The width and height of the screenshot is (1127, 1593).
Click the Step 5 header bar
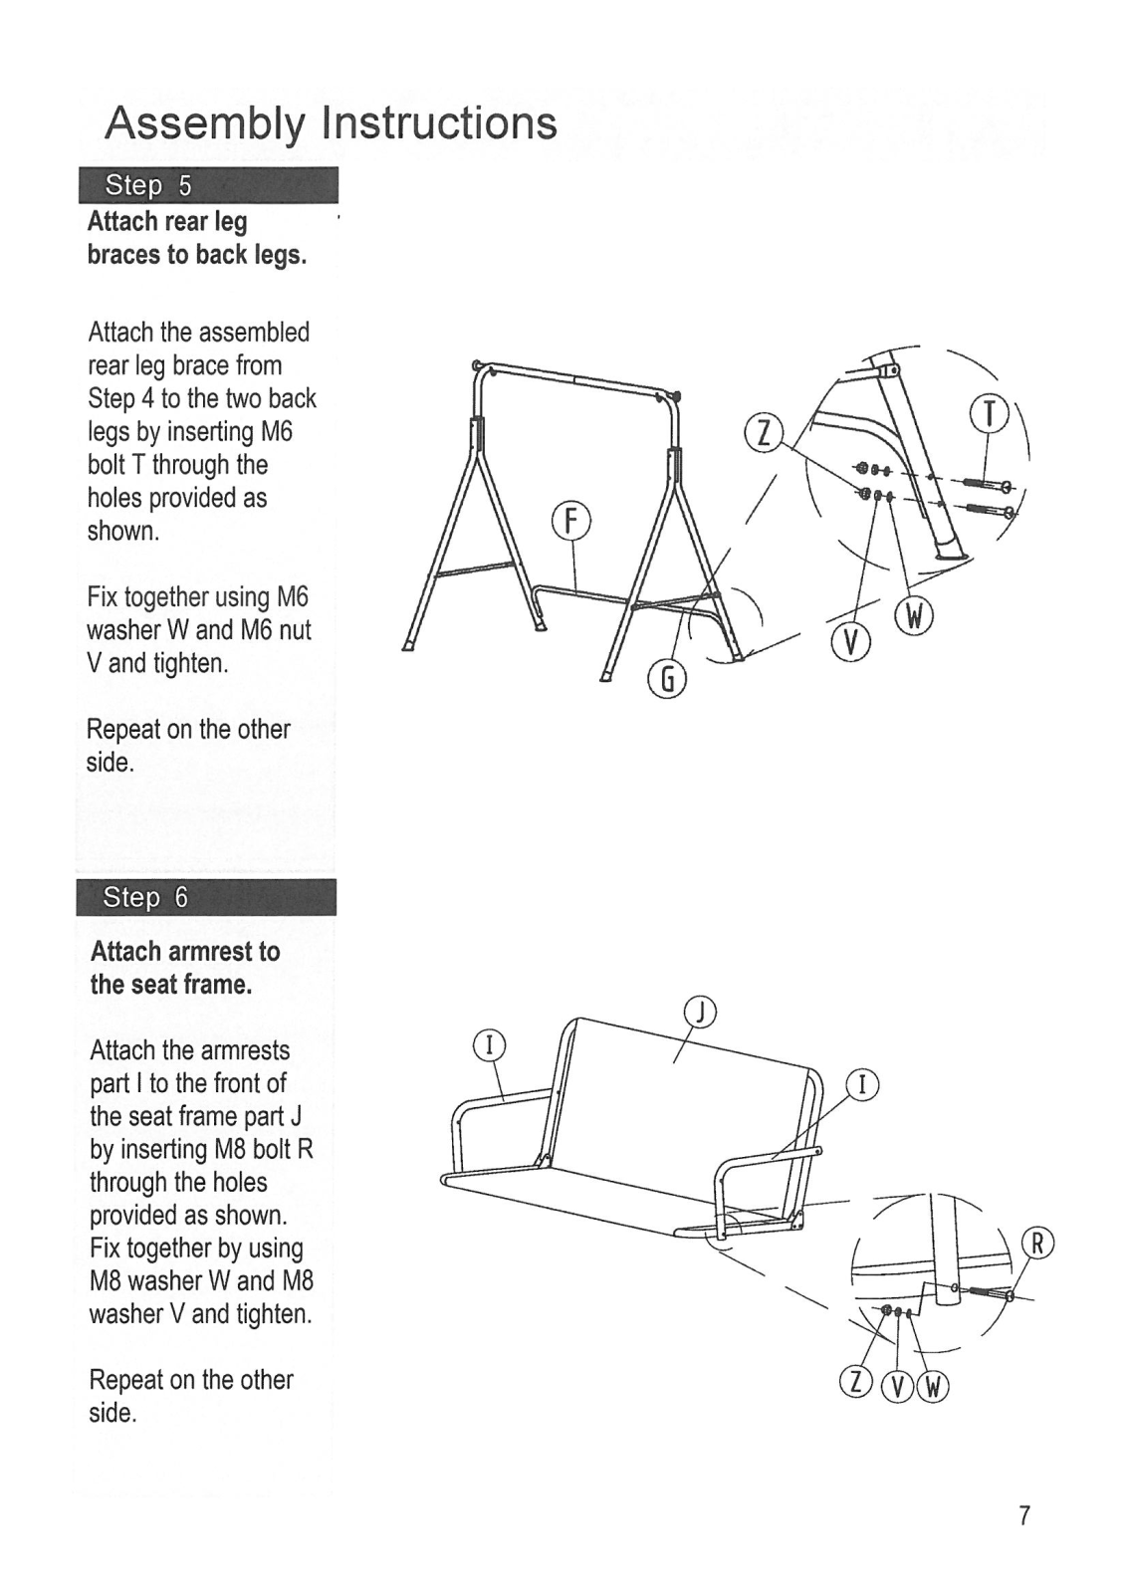coord(208,185)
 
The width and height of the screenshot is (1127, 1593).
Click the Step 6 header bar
coord(206,897)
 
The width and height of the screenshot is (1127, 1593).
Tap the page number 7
coord(1023,1515)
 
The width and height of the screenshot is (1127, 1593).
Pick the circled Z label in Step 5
coord(764,434)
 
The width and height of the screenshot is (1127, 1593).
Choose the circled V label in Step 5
coord(850,644)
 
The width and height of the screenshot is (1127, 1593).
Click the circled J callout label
coord(702,1013)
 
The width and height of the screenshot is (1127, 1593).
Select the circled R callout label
coord(1036,1244)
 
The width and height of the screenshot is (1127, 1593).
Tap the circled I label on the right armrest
coord(862,1084)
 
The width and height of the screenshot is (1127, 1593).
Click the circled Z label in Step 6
coord(856,1384)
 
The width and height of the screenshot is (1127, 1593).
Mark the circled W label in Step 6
coord(933,1385)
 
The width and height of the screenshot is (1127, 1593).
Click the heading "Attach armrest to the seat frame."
coord(185,968)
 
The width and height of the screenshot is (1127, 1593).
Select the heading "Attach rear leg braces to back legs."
coord(197,238)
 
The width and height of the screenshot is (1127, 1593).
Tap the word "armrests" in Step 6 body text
coord(244,1050)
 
